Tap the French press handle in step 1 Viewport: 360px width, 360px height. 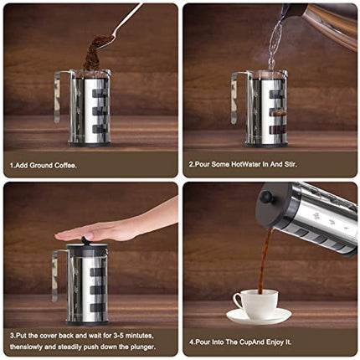[58, 96]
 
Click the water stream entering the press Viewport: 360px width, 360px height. [274, 46]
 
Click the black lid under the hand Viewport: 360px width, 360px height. [88, 249]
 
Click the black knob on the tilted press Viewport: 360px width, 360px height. [265, 198]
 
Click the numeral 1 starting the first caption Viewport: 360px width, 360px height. [12, 165]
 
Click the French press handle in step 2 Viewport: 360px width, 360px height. [235, 96]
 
